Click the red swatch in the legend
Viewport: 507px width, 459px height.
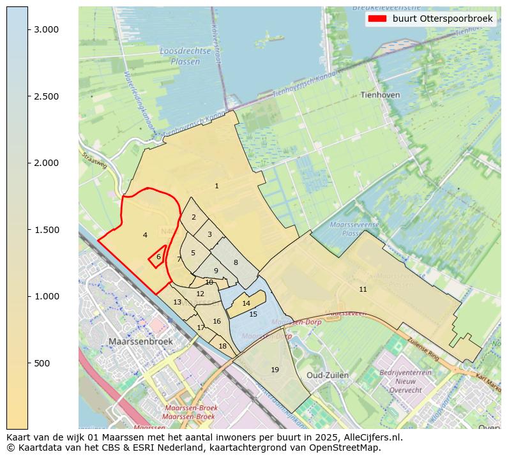click(377, 19)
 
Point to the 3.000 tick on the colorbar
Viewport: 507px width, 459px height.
click(28, 29)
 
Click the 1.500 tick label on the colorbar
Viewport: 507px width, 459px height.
click(46, 230)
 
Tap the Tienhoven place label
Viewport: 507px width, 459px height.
click(380, 94)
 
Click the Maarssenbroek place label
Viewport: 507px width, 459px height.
click(140, 342)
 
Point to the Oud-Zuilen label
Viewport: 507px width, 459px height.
click(328, 375)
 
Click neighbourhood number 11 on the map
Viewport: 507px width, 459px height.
click(363, 289)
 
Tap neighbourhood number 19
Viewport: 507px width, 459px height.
click(275, 370)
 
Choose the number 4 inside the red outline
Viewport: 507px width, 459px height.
click(145, 235)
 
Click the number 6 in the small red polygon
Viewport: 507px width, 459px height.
click(158, 257)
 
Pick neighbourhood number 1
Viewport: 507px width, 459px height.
click(216, 186)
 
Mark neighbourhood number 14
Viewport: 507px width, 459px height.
click(246, 303)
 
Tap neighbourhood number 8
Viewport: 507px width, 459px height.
click(235, 262)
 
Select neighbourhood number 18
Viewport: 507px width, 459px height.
click(222, 346)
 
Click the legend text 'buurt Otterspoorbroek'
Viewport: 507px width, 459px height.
click(443, 19)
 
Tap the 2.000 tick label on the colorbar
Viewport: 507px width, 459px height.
click(46, 163)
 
